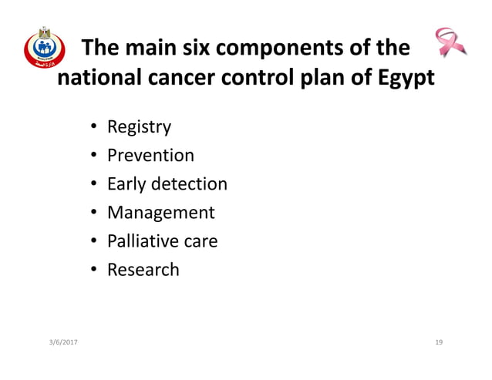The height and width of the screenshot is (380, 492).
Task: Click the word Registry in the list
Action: click(139, 127)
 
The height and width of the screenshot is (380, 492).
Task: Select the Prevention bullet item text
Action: click(150, 156)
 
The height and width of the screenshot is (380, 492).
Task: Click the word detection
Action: click(189, 184)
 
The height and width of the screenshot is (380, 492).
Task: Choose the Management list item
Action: click(160, 213)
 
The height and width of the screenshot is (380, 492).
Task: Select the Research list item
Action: click(143, 270)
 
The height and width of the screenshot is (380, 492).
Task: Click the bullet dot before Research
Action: click(93, 271)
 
